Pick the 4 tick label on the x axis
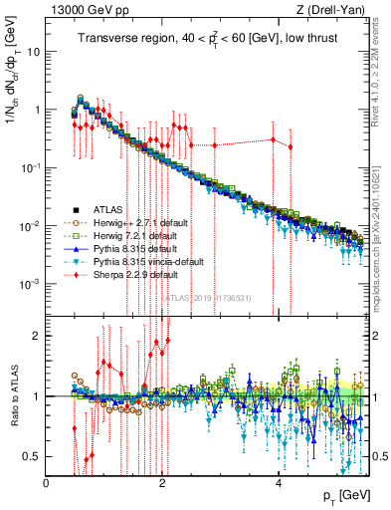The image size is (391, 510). tap(279, 483)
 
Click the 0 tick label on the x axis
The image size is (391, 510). tap(47, 483)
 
